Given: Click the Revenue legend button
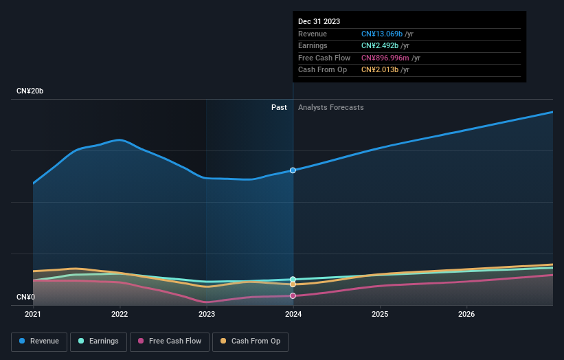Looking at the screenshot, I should coord(39,341).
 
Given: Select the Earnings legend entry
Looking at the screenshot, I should coord(98,341).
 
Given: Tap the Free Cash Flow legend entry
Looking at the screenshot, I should coord(169,341).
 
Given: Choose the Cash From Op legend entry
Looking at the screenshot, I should coord(251,341).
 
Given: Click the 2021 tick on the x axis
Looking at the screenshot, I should coord(33,315).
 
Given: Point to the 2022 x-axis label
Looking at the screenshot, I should coord(120,315).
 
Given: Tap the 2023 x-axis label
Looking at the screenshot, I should coord(206,315).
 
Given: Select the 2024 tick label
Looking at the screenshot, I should coord(293,315).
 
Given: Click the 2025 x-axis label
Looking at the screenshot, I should coord(380,315).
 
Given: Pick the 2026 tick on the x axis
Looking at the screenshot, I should coord(466,315).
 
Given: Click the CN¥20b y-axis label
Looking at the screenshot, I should coord(30,91).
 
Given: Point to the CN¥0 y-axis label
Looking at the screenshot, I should coord(26,297).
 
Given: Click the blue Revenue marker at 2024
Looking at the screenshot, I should coord(293,170).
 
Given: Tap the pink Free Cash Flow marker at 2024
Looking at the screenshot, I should coord(293,295).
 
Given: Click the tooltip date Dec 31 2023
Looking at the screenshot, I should coord(319,22).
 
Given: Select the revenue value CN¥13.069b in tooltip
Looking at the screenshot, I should coord(382,34).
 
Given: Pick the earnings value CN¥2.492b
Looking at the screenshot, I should coord(380,46).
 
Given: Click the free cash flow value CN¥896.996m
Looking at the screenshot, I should coord(386,58).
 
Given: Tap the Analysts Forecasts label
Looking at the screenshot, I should coord(330,107).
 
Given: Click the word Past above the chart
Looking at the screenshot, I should coord(279,107).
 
